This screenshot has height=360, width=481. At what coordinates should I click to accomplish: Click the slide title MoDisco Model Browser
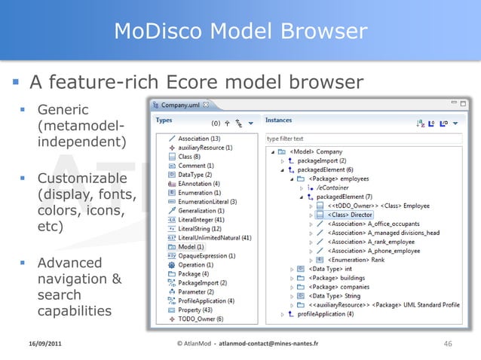[x=240, y=31]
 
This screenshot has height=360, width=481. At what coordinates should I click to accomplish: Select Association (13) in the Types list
[x=199, y=139]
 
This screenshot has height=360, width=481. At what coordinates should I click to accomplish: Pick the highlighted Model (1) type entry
[x=191, y=247]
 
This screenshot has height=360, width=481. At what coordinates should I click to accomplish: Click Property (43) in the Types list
[x=195, y=310]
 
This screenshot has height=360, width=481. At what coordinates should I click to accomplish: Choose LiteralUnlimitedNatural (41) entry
[x=214, y=238]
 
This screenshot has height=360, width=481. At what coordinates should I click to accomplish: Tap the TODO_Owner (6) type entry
[x=200, y=319]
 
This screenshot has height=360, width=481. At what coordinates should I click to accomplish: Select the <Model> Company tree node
[x=321, y=151]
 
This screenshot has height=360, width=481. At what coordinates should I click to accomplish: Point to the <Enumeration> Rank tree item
[x=358, y=260]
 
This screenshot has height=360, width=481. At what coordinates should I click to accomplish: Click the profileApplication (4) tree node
[x=322, y=314]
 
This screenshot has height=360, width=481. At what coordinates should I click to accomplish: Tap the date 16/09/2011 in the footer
[x=41, y=343]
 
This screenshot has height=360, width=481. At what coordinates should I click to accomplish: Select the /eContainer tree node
[x=336, y=188]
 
